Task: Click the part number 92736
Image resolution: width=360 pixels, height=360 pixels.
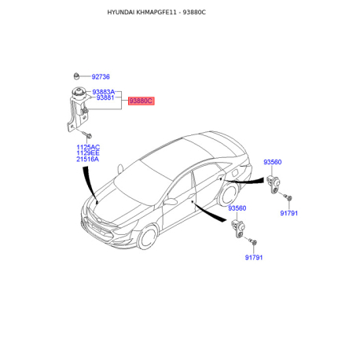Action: pos(101,77)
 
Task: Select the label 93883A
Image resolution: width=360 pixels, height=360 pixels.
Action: pos(104,92)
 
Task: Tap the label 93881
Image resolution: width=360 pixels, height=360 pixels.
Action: pos(105,97)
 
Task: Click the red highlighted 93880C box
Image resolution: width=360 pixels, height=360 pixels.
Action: pos(141,101)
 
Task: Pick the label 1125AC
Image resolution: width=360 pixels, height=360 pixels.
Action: pos(88,147)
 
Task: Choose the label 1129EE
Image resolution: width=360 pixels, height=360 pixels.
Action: pos(88,153)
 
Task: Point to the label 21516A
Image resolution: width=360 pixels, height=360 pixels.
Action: pos(88,160)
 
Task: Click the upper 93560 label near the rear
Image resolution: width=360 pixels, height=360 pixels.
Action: pos(273,162)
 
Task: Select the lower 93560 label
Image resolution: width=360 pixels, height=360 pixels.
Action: pos(237,208)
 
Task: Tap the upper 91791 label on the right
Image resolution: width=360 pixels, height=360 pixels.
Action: pos(289,213)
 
